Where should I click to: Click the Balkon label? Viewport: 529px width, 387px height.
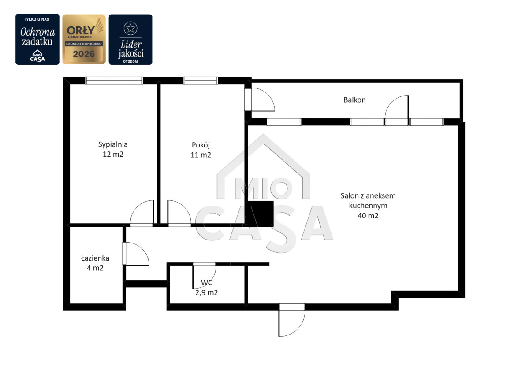coord(354,100)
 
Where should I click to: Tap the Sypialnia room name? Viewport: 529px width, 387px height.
coord(113,144)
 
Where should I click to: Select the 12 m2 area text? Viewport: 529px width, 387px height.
coord(113,155)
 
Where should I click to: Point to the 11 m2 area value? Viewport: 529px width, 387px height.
coord(201,155)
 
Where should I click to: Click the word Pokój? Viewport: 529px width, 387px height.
coord(201,145)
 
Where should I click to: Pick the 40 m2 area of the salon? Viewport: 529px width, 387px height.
coord(368,216)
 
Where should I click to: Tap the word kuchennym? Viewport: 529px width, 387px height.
coord(368,206)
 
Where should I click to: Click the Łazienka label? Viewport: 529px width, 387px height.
coord(95,258)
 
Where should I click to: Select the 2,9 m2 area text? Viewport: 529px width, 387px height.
coord(206,293)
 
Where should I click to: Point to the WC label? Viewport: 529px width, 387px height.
coord(207,283)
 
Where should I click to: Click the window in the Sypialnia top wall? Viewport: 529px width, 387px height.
coord(114,81)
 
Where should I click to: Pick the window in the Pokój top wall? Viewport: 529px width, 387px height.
coord(201,81)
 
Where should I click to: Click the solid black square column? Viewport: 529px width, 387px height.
coord(260,214)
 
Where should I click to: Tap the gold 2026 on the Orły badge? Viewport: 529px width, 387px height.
coord(84,54)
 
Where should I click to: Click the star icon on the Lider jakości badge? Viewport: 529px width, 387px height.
coord(130,28)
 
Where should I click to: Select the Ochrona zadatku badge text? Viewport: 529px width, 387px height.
coord(37,37)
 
